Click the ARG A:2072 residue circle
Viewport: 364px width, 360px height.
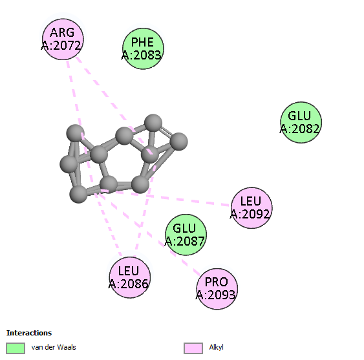(x=63, y=39)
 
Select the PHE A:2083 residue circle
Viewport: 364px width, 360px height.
(x=143, y=48)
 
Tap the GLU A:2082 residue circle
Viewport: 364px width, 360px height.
(x=301, y=122)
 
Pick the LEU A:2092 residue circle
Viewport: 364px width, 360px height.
(x=252, y=207)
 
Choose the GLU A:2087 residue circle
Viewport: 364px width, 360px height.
(x=186, y=235)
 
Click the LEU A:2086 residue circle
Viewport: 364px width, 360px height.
(x=130, y=277)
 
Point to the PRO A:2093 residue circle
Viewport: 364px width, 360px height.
(x=217, y=289)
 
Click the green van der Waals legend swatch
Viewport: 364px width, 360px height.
(x=16, y=348)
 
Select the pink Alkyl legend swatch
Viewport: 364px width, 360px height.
(x=193, y=348)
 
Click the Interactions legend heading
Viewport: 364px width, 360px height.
(x=29, y=333)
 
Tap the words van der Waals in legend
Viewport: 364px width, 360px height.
(x=54, y=347)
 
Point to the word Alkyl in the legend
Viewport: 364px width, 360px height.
(x=216, y=347)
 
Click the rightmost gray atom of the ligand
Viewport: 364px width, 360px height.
(x=178, y=142)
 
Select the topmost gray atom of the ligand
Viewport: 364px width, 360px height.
(x=153, y=123)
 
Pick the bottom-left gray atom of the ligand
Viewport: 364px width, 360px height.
(x=78, y=194)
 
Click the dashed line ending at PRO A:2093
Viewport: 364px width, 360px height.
(x=149, y=233)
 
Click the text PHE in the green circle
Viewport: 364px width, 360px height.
(x=142, y=42)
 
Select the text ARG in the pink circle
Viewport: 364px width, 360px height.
(x=62, y=32)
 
